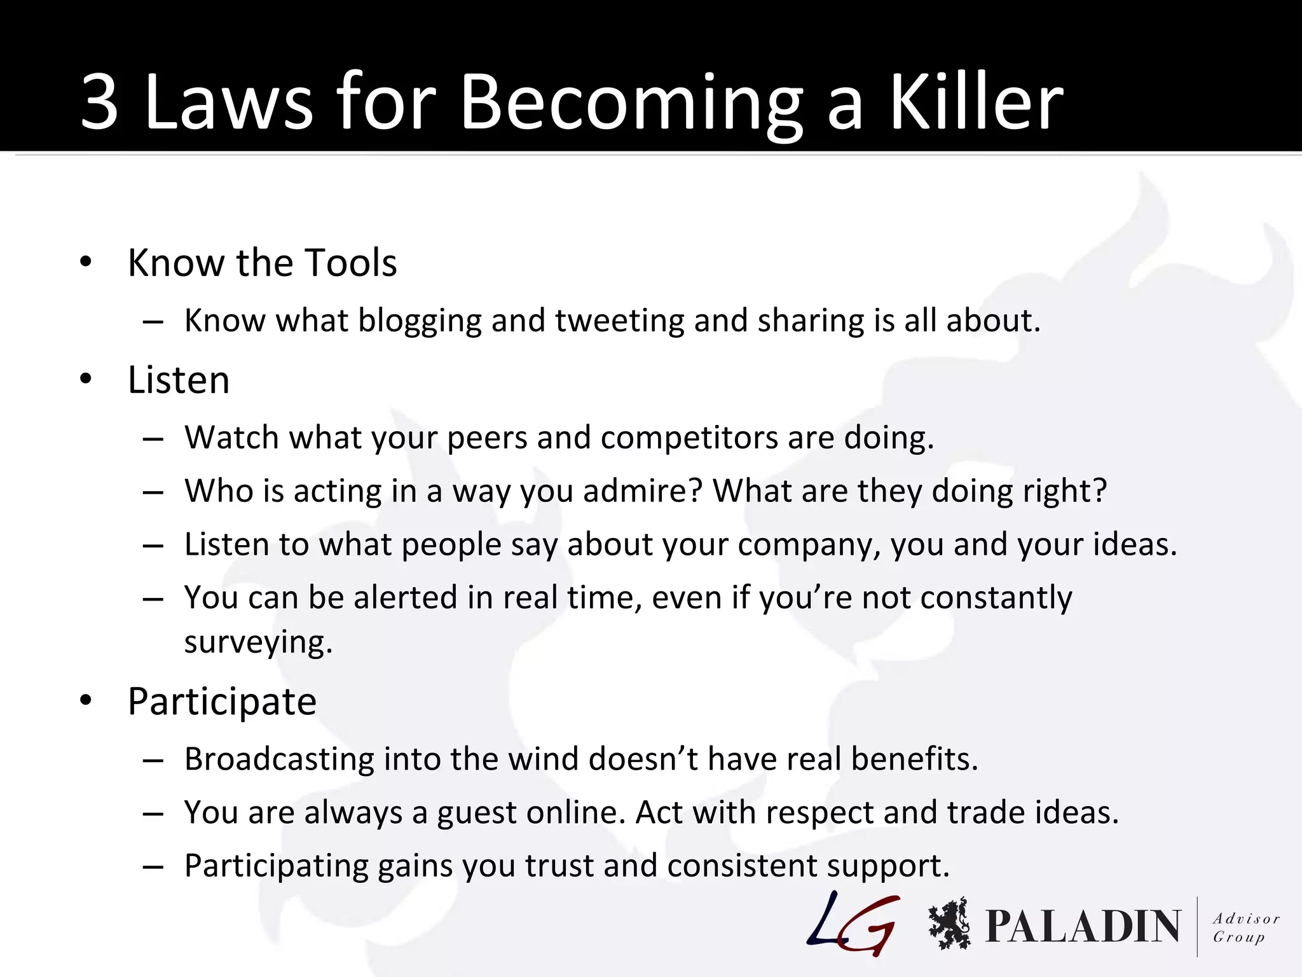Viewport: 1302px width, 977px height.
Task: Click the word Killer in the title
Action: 975,102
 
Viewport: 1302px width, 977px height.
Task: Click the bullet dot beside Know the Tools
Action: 86,261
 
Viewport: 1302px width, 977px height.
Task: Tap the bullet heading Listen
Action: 179,380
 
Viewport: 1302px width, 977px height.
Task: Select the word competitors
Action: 689,438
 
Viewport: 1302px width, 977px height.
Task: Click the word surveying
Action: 258,642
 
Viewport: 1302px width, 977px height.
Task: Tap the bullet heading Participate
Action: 222,702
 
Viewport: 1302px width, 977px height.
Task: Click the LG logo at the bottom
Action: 854,924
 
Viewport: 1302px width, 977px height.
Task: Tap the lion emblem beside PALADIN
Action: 949,924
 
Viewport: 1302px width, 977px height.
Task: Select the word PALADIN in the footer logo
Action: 1083,926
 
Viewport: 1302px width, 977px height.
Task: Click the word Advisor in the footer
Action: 1245,918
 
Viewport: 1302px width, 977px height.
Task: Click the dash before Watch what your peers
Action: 153,439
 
